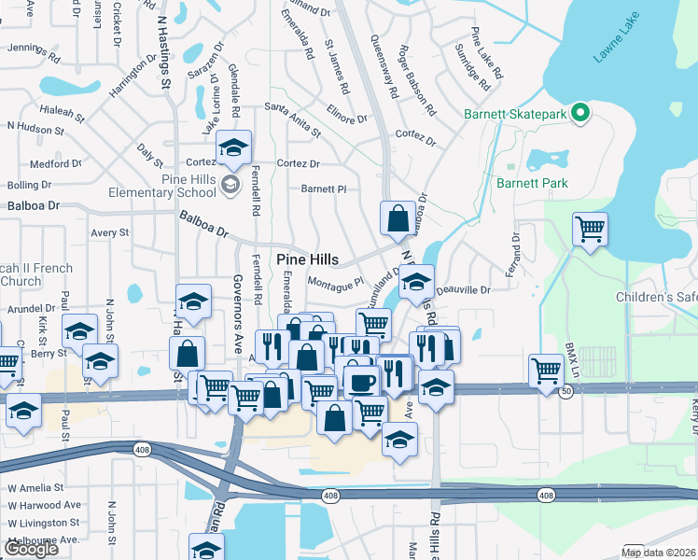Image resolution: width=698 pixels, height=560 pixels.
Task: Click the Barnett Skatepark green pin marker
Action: point(579,114)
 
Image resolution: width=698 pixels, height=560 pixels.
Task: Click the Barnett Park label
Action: point(532,183)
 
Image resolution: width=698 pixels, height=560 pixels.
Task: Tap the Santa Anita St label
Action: point(292,119)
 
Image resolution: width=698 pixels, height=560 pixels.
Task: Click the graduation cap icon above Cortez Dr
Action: point(233,147)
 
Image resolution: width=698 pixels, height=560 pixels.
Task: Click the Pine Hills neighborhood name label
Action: point(307,259)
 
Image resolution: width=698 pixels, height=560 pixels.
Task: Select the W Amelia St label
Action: point(35,487)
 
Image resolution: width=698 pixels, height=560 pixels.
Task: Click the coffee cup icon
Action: point(360,380)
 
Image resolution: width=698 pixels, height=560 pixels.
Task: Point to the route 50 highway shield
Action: point(565,393)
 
